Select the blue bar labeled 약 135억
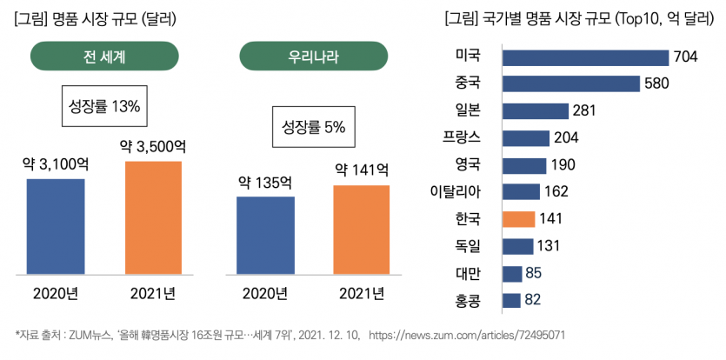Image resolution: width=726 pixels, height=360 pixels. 265,236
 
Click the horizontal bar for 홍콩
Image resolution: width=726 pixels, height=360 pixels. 511,301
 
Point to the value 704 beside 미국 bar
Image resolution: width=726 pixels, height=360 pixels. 684,57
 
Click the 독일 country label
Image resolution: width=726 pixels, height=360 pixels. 475,246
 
